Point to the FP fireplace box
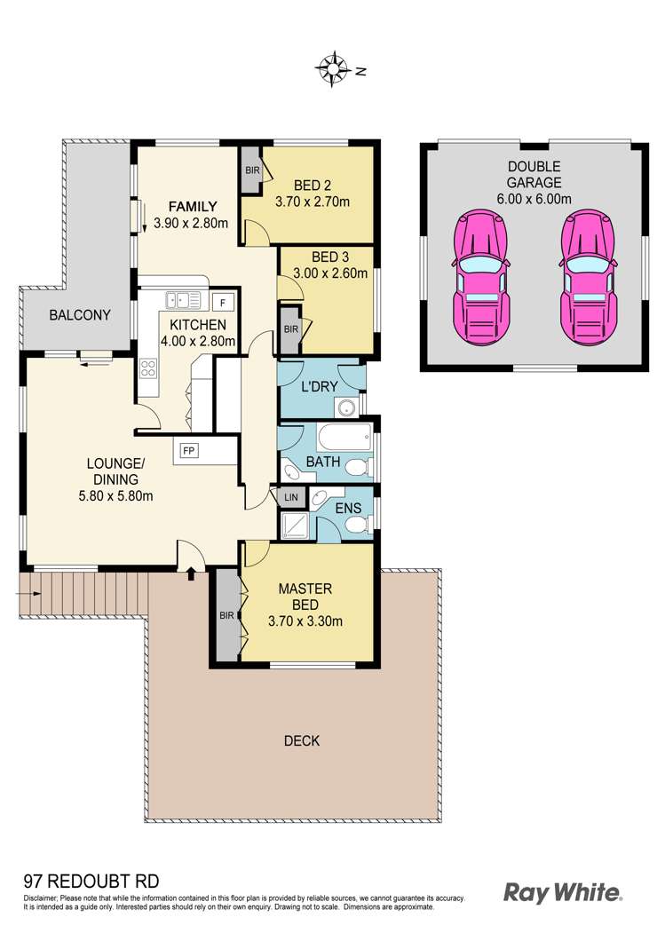coord(189,450)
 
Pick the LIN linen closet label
coord(290,499)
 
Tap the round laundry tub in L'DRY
coord(345,407)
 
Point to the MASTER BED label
coord(305,597)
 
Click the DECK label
coord(302,740)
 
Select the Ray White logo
coord(562,891)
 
